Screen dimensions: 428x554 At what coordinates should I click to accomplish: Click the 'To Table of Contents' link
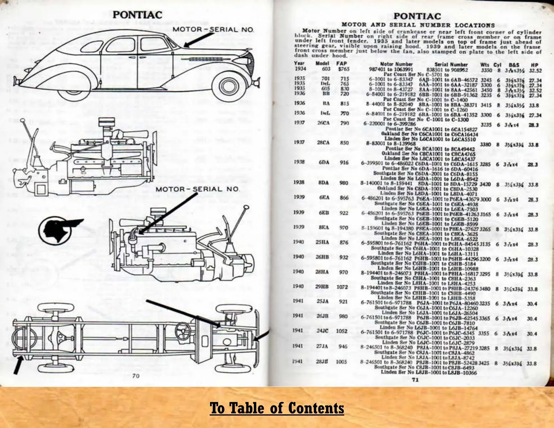277,408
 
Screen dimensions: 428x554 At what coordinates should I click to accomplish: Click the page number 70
136,376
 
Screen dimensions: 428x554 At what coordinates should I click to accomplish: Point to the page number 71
415,380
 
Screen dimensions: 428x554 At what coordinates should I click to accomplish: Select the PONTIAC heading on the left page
137,15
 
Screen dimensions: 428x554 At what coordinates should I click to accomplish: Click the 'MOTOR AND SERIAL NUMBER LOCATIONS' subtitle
418,25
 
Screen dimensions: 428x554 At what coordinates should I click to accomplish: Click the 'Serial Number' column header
454,65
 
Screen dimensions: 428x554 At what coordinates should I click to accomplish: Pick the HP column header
534,65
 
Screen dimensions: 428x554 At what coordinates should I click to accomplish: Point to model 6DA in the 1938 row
324,163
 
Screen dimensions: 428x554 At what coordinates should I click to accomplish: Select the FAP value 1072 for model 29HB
342,286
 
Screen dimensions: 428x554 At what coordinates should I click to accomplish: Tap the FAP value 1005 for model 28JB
341,362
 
